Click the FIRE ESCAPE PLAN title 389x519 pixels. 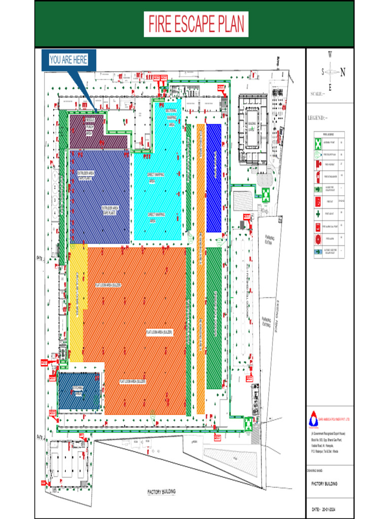(x=196, y=24)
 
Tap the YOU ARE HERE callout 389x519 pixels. (x=68, y=60)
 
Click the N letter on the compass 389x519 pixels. (x=343, y=72)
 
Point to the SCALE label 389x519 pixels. (x=319, y=94)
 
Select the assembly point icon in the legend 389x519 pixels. (x=317, y=143)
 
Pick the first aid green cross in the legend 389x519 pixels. (x=317, y=214)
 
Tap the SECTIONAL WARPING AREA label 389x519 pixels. (x=171, y=117)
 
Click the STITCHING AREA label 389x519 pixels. (x=78, y=390)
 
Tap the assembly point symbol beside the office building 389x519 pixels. (x=265, y=194)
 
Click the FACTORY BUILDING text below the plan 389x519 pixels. (x=162, y=492)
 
